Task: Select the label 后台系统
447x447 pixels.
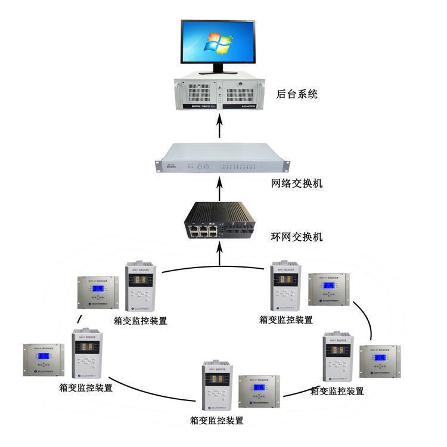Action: click(297, 94)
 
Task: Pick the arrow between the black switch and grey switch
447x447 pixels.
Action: click(220, 190)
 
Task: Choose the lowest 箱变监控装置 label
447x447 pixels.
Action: click(217, 420)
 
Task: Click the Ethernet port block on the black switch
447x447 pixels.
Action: click(202, 229)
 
